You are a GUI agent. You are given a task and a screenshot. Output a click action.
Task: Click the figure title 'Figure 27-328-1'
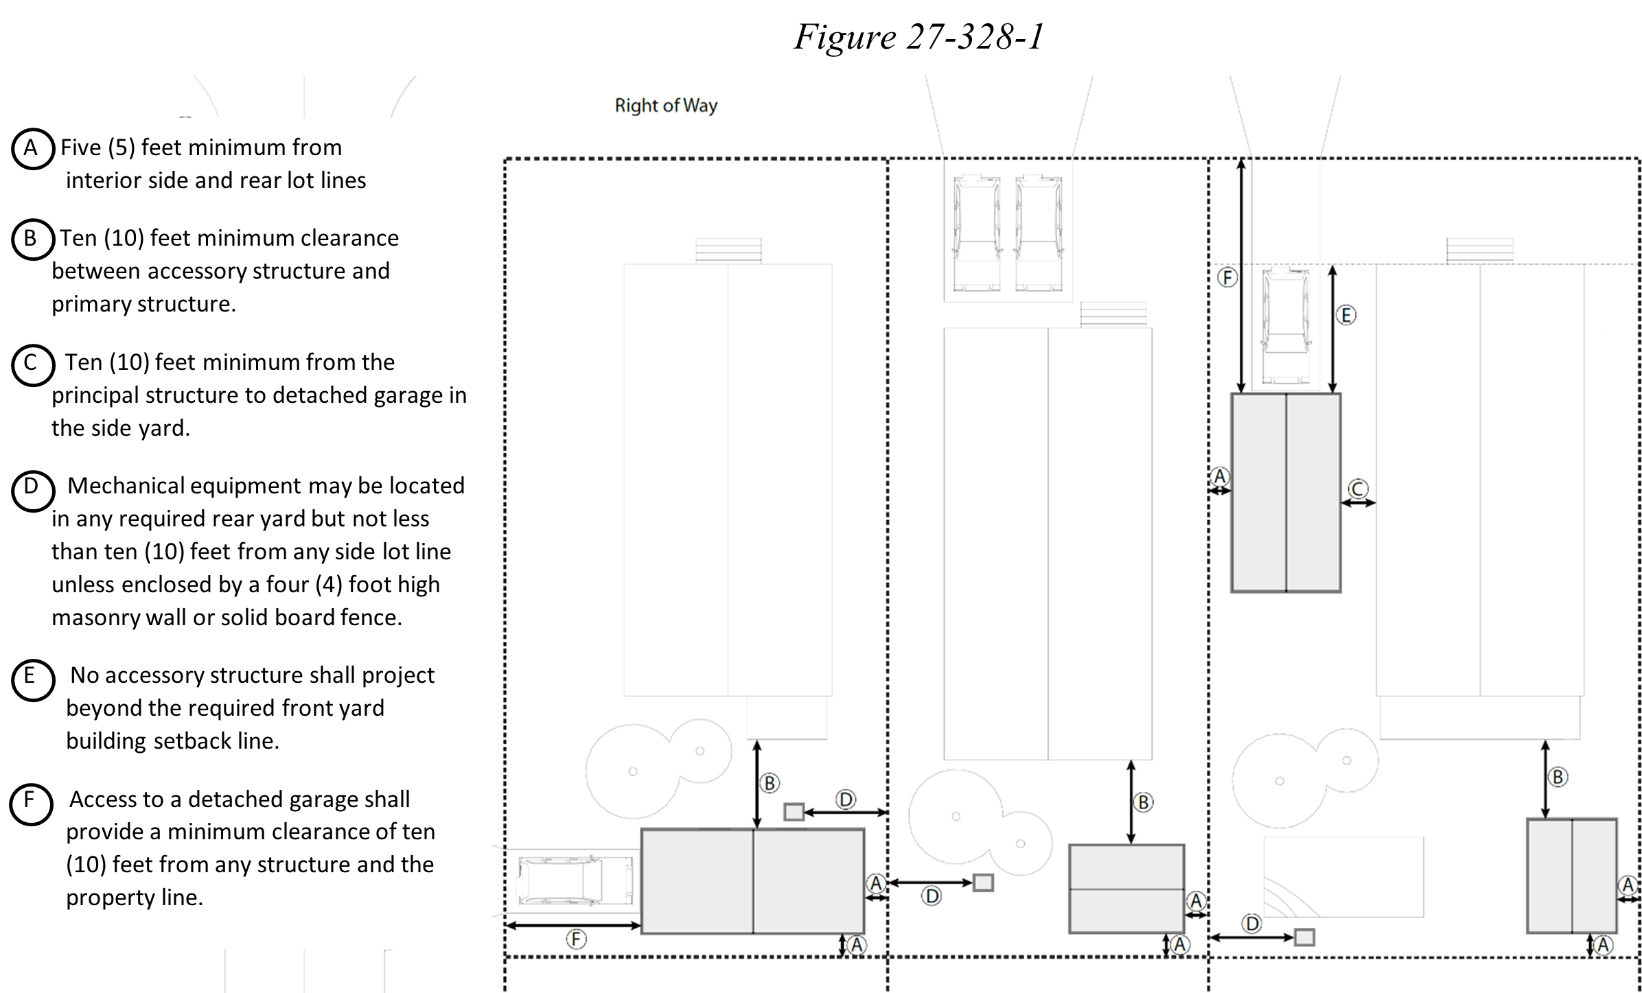click(919, 36)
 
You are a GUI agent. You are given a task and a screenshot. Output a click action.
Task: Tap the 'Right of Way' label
click(665, 106)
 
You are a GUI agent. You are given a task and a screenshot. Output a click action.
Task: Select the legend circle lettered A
click(32, 149)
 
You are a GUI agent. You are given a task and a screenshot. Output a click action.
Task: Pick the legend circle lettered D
click(32, 490)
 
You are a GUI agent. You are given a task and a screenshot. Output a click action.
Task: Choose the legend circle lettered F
click(31, 803)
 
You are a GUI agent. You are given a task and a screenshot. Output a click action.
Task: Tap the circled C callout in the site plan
click(1358, 489)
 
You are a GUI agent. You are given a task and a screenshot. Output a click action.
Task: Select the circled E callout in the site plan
click(1345, 316)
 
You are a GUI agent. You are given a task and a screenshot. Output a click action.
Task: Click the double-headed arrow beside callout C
click(1358, 503)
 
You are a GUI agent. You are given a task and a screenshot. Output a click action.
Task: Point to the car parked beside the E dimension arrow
click(1286, 326)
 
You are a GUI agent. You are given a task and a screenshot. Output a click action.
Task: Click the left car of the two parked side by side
click(975, 234)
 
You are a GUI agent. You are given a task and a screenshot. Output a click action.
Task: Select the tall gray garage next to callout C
click(1286, 493)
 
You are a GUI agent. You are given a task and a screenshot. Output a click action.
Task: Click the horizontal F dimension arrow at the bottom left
click(573, 926)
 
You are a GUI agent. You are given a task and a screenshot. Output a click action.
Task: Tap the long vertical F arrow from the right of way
click(1241, 275)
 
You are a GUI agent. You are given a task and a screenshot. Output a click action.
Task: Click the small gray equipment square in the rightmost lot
click(1304, 937)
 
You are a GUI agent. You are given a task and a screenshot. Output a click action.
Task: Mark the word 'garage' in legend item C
click(404, 396)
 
